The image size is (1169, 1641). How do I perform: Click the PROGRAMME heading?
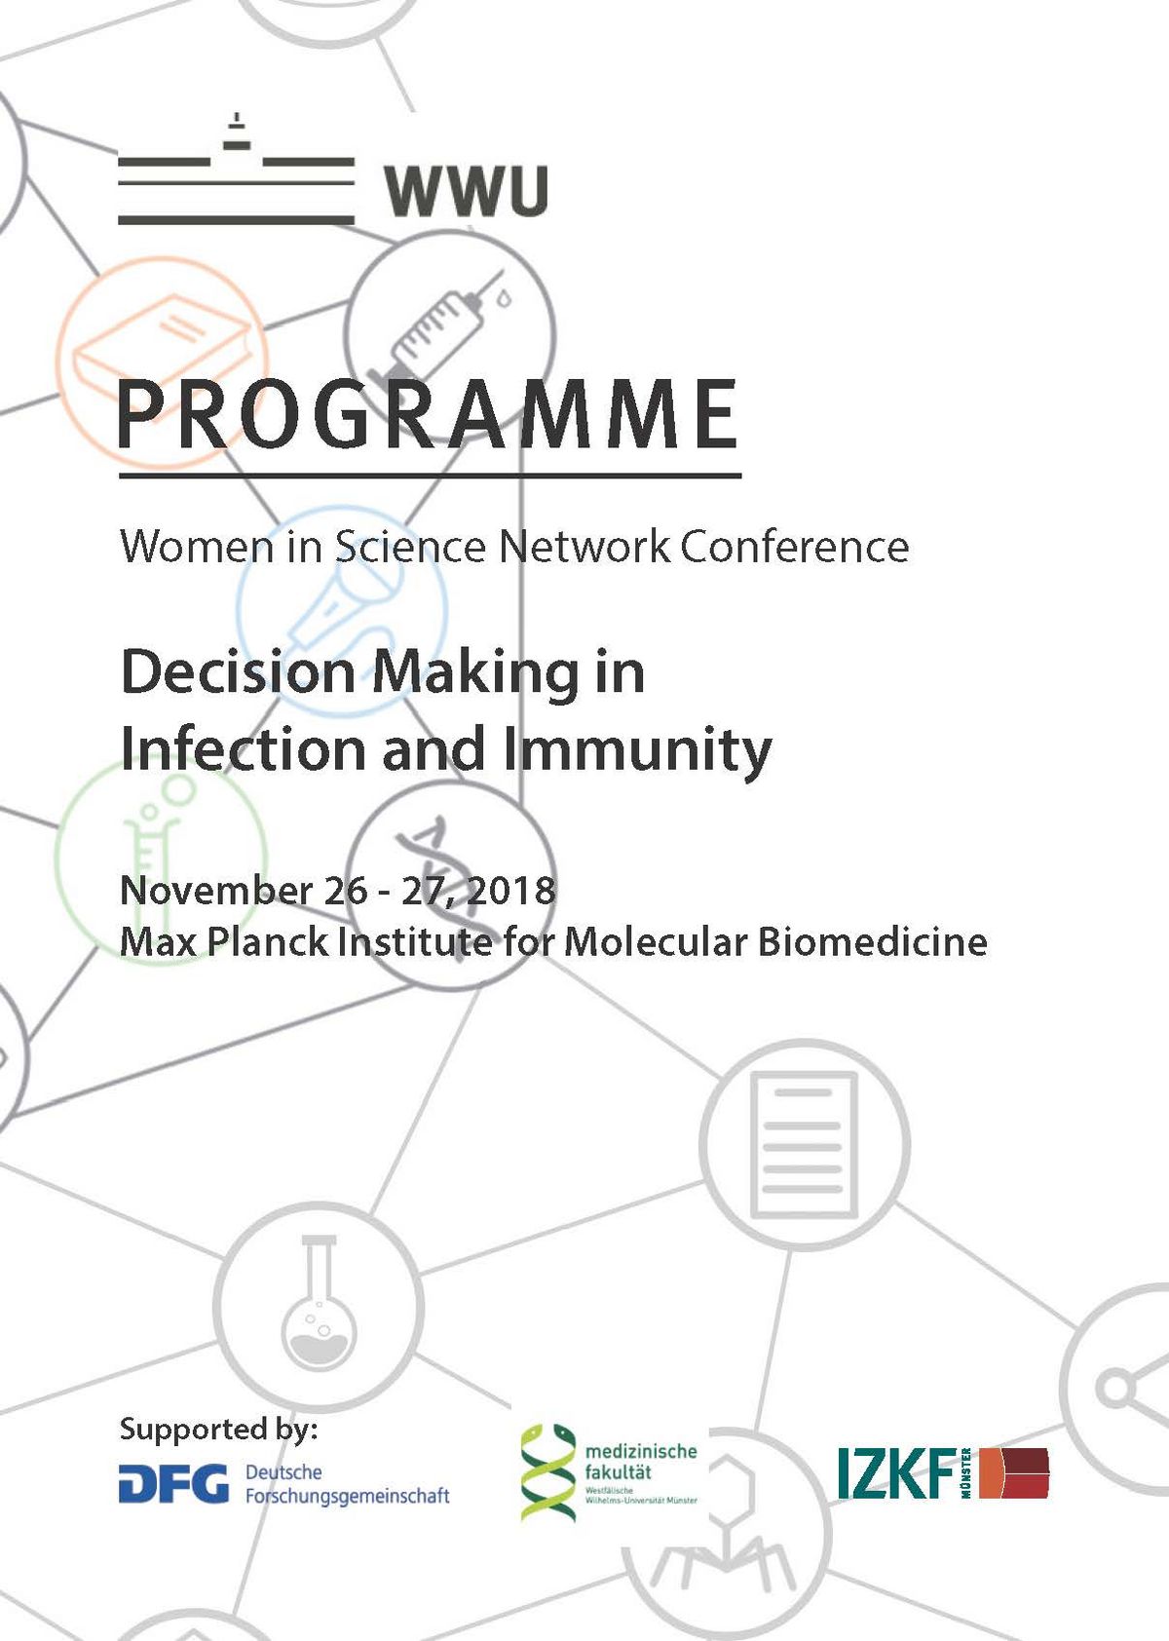(x=429, y=414)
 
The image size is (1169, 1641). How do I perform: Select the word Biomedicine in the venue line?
(x=872, y=942)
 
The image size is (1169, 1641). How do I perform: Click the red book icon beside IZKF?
(x=1014, y=1472)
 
